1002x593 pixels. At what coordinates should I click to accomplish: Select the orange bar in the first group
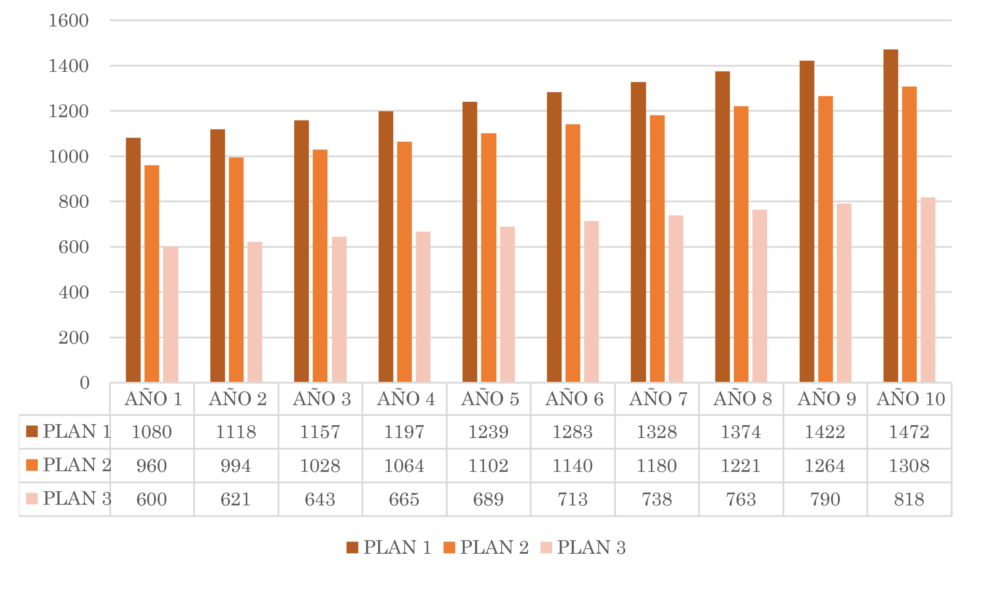tap(152, 272)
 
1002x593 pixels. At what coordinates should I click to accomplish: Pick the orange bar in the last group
tap(909, 232)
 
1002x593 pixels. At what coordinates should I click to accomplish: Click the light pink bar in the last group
tap(928, 284)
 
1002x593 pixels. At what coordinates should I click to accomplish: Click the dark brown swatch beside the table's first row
tap(32, 432)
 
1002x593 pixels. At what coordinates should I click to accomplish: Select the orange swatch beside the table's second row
tap(32, 465)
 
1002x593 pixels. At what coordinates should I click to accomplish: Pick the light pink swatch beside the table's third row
tap(32, 499)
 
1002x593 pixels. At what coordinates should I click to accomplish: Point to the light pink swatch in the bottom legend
tap(545, 542)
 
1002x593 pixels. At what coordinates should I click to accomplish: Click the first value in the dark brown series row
tap(152, 432)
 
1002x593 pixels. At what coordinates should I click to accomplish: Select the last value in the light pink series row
tap(910, 499)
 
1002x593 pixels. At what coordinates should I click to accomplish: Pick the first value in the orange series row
tap(152, 465)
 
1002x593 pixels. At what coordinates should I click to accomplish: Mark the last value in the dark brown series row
tap(910, 432)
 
